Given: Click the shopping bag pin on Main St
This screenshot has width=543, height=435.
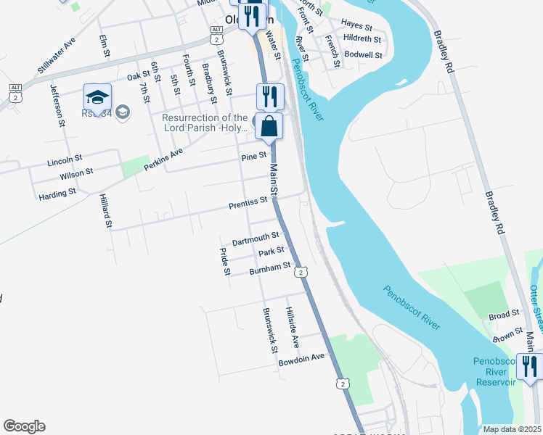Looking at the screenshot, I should [x=269, y=126].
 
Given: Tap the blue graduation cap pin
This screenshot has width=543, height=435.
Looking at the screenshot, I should [x=97, y=97].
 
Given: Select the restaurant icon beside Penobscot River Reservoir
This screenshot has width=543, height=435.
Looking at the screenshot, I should [x=530, y=366].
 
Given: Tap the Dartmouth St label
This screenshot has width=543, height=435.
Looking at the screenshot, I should [x=255, y=238].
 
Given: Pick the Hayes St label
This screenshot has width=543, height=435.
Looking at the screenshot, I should [x=356, y=25].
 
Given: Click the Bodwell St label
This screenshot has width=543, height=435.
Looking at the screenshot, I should [x=364, y=54].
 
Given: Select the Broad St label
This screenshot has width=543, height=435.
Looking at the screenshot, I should [x=505, y=315].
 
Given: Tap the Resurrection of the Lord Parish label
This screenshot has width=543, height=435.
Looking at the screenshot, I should [x=205, y=123].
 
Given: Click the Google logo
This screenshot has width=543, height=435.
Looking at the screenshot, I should [x=24, y=426].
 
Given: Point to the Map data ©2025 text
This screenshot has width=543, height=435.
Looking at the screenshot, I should [x=511, y=429].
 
